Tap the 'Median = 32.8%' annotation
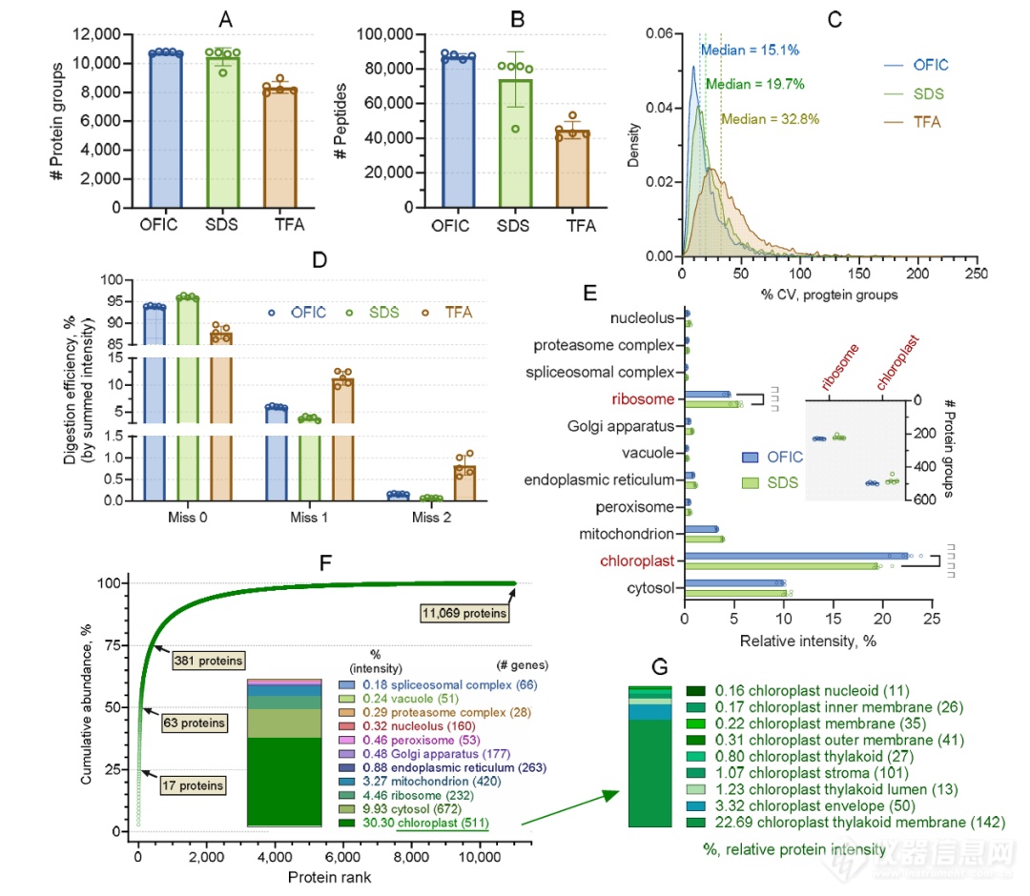(770, 119)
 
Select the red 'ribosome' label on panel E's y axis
(647, 398)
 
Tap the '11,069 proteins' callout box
(463, 612)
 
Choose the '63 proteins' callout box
(194, 723)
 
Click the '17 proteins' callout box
(194, 785)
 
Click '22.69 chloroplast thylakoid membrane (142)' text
(846, 823)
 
